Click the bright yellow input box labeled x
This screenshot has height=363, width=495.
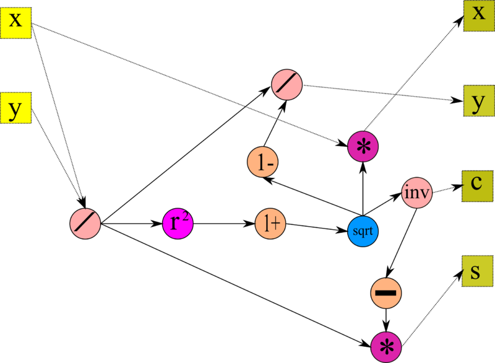point(15,23)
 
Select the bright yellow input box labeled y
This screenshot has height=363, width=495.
point(15,108)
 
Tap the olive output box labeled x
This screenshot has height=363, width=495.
point(479,16)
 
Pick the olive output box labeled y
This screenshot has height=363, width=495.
point(479,100)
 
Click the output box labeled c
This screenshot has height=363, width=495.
point(477,186)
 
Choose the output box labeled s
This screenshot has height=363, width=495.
point(477,271)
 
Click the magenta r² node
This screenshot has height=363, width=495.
point(178,224)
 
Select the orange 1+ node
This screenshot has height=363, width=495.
point(270,224)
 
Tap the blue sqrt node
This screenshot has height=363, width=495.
point(363,231)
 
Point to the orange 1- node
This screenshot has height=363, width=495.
point(262,162)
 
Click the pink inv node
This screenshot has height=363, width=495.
point(416,193)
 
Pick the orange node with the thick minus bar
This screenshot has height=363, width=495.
point(386,293)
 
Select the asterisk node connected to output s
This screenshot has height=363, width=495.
point(386,347)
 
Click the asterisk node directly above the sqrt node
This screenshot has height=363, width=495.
point(363,147)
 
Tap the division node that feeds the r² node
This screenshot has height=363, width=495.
point(85,224)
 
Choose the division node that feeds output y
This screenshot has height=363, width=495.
point(286,85)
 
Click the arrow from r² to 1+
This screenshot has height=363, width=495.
point(224,224)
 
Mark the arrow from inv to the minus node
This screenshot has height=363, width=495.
point(401,243)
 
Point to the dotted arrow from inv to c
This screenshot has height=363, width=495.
point(447,189)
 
